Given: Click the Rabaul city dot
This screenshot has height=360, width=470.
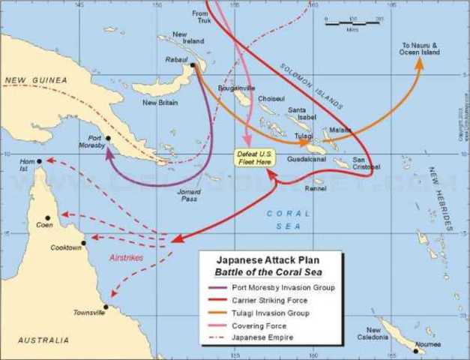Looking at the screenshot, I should (193, 65).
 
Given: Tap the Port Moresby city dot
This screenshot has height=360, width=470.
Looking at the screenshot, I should (108, 138).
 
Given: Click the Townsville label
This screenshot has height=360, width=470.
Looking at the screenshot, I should (89, 312).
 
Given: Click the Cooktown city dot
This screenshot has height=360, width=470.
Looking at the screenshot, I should (84, 242).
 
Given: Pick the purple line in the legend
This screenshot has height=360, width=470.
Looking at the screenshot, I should (220, 287).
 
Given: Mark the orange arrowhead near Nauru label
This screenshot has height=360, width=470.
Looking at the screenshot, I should (419, 63).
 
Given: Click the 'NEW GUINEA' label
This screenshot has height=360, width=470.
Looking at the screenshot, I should (35, 79).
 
